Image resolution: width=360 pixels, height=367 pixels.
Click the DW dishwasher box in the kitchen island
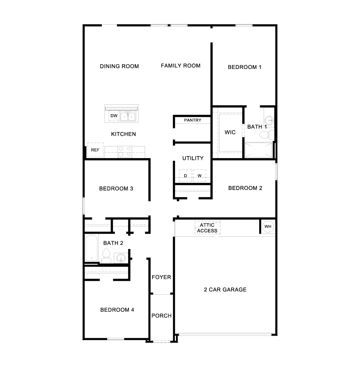tap(114, 116)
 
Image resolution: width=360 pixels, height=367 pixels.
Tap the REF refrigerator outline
tap(95, 150)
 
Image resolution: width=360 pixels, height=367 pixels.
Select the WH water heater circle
tap(268, 227)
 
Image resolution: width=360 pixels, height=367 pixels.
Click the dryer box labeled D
tap(185, 176)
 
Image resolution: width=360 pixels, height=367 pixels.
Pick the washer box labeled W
tap(200, 176)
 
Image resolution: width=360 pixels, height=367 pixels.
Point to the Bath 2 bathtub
tap(91, 248)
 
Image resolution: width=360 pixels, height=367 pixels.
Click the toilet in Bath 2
tap(106, 256)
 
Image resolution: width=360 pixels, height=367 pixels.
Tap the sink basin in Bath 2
tap(121, 258)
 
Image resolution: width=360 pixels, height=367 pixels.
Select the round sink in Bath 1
tap(269, 120)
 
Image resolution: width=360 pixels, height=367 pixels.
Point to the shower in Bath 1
tap(259, 150)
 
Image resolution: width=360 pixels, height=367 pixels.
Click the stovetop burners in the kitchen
tap(125, 152)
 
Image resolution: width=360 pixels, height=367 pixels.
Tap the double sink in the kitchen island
tap(128, 116)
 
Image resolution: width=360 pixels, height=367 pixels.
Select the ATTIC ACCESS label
tap(207, 228)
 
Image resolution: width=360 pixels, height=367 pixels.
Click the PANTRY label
tap(193, 120)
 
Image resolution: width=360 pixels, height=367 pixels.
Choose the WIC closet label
tap(230, 132)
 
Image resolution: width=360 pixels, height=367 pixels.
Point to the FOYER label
tap(161, 277)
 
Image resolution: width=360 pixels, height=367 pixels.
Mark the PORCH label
tap(161, 316)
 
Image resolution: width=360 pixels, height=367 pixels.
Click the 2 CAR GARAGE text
tap(225, 289)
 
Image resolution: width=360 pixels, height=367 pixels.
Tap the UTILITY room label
tap(193, 158)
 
